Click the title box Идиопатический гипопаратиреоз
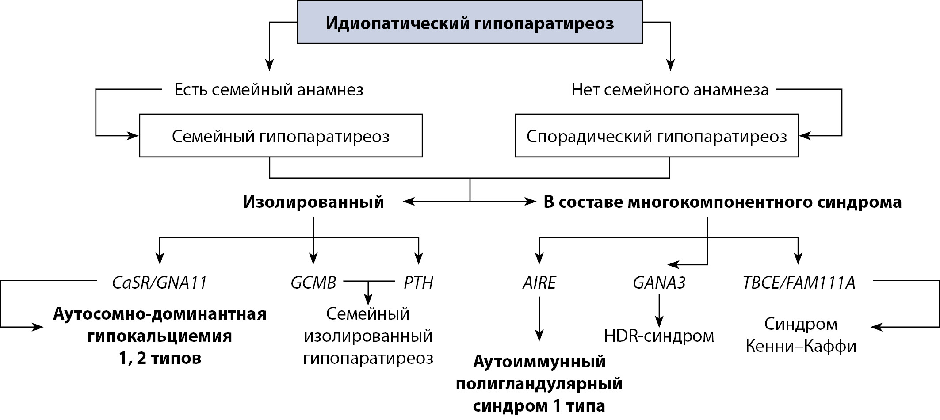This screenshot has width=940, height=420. pyautogui.click(x=470, y=23)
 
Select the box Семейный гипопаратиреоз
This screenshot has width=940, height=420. pyautogui.click(x=281, y=136)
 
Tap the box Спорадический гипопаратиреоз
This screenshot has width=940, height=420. pyautogui.click(x=657, y=136)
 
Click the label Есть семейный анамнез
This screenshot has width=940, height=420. pyautogui.click(x=269, y=90)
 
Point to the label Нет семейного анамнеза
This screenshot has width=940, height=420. pyautogui.click(x=670, y=90)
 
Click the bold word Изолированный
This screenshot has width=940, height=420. pyautogui.click(x=313, y=202)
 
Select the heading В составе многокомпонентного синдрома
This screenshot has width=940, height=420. pyautogui.click(x=722, y=202)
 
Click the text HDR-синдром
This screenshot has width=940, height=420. pyautogui.click(x=659, y=336)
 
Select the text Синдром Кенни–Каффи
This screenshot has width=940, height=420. pyautogui.click(x=801, y=335)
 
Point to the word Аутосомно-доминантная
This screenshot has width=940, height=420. pyautogui.click(x=160, y=314)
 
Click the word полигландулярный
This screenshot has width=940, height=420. pyautogui.click(x=539, y=384)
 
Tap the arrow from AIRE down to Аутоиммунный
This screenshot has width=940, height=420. pyautogui.click(x=539, y=318)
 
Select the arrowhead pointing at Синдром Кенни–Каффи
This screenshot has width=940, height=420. pyautogui.click(x=875, y=327)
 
